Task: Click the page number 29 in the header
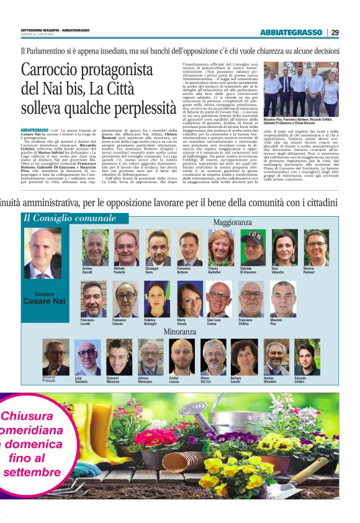coord(335,32)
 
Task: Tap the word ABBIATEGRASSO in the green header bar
coord(292,32)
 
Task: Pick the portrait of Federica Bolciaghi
coord(157,299)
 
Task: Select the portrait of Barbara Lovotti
coord(244,357)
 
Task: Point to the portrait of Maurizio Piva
coord(283,299)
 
